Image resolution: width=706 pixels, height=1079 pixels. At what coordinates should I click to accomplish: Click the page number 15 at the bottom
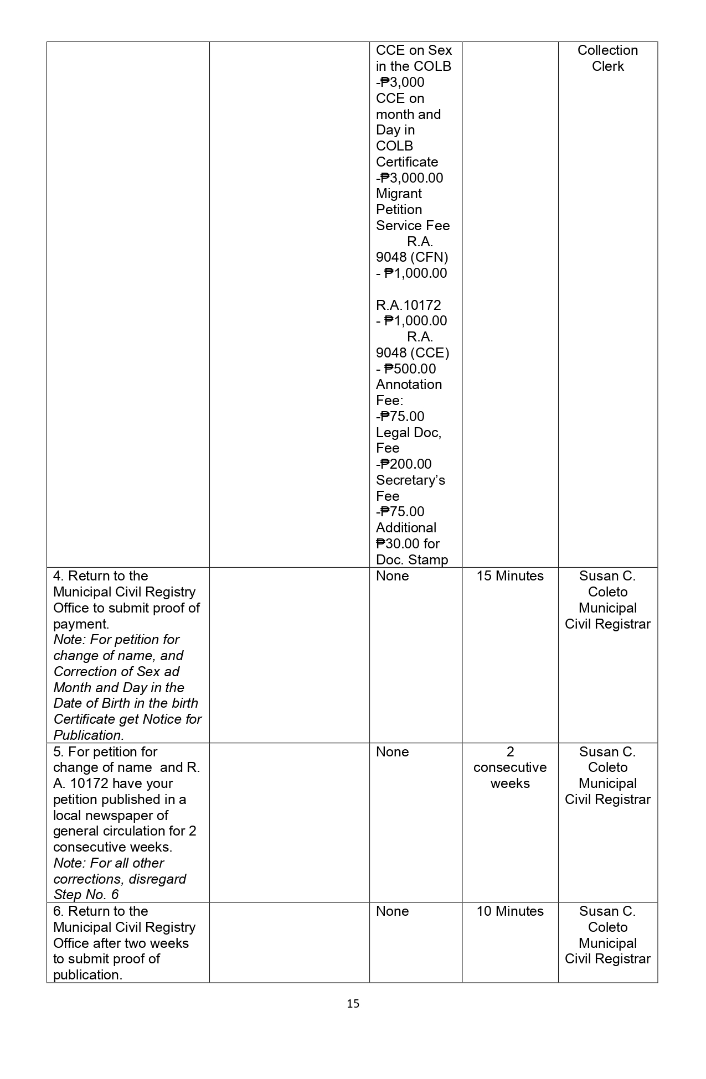coord(353,1003)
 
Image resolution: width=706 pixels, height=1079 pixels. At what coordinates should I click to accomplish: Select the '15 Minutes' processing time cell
coord(510,576)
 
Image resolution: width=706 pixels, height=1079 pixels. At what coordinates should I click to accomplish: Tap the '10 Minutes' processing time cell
coord(510,911)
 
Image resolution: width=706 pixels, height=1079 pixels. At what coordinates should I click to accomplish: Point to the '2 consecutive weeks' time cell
coord(510,767)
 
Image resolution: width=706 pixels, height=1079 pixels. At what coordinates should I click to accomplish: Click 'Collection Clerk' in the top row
coord(607,58)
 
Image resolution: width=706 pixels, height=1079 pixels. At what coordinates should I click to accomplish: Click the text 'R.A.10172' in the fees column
coord(408,305)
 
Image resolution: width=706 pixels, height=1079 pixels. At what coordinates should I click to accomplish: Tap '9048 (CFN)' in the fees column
coord(412,257)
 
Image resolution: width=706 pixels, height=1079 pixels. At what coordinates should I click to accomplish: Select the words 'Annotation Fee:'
coord(409,392)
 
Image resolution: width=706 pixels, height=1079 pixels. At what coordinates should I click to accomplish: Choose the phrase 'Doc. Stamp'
coord(411,560)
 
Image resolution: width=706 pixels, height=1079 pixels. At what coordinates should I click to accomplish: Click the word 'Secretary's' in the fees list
coord(410,480)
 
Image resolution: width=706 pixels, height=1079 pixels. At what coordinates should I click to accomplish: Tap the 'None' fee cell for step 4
coord(392,576)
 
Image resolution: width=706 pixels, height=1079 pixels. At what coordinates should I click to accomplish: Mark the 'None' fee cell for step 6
coord(392,911)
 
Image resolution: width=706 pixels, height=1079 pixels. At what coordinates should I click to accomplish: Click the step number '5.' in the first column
coord(58,752)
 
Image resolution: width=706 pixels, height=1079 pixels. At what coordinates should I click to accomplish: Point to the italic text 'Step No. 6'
coord(86,895)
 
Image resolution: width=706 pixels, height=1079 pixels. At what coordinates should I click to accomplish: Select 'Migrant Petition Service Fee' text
coord(413,210)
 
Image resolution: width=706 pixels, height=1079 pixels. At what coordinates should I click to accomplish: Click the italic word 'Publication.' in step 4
coord(89,735)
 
